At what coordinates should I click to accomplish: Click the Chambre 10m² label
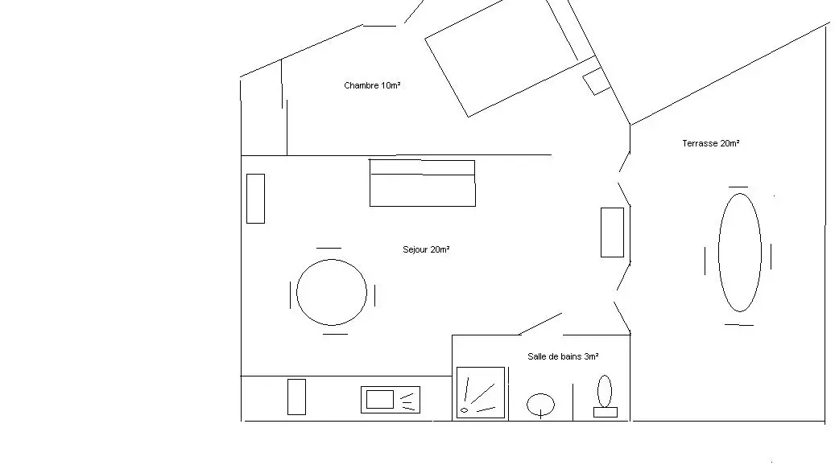point(372,85)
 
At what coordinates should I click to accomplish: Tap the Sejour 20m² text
point(426,249)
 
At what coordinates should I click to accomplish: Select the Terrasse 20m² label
point(710,143)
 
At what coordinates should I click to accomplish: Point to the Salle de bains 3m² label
point(563,356)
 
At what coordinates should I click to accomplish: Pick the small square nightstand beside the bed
point(597,81)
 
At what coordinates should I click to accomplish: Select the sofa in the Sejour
point(422,183)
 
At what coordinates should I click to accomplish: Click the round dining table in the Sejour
point(332,292)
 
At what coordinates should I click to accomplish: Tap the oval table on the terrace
point(739,253)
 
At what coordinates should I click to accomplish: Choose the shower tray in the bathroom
point(481,393)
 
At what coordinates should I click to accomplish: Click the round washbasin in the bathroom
point(540,404)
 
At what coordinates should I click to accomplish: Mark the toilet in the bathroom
point(605,397)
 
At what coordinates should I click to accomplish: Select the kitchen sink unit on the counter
point(391,399)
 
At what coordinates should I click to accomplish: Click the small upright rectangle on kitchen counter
point(296,397)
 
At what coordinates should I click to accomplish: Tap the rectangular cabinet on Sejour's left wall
point(255,198)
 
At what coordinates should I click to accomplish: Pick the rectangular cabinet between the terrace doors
point(612,232)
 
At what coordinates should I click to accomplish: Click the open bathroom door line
point(539,323)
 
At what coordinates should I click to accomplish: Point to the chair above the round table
point(329,249)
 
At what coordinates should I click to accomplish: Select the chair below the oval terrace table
point(739,324)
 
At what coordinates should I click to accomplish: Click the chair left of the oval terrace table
point(705,260)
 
